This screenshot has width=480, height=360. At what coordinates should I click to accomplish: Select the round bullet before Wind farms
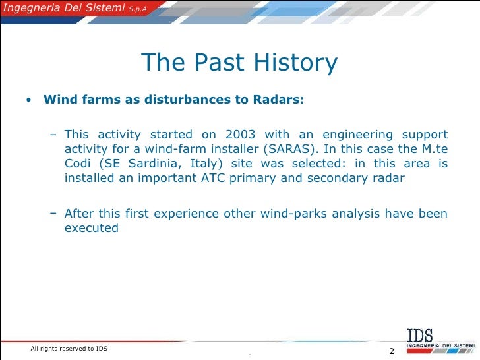pyautogui.click(x=28, y=101)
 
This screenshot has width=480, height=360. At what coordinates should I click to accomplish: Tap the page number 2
pyautogui.click(x=391, y=350)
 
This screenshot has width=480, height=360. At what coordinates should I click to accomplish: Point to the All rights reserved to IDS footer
pyautogui.click(x=69, y=348)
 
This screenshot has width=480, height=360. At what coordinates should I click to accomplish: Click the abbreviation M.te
pyautogui.click(x=435, y=148)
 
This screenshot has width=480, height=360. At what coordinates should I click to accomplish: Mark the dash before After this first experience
pyautogui.click(x=53, y=214)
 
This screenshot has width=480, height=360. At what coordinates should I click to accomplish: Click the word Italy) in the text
pyautogui.click(x=193, y=163)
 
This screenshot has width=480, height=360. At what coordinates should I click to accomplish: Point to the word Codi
pyautogui.click(x=77, y=163)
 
